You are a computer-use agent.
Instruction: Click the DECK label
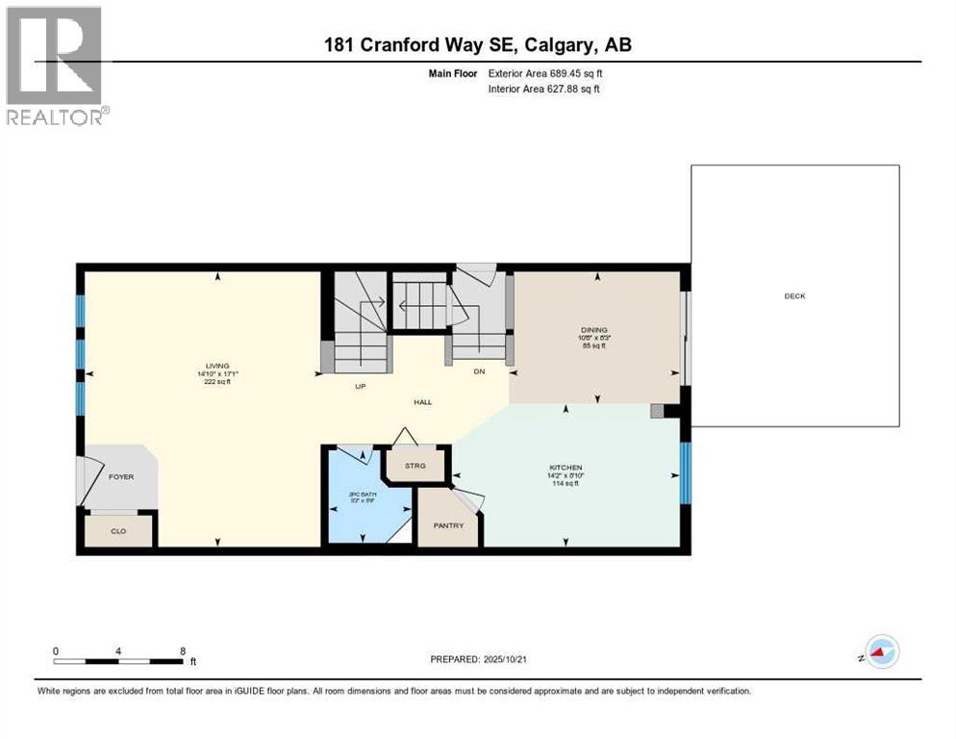pos(794,296)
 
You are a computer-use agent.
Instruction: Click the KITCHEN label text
pos(566,468)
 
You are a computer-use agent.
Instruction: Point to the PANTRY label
pos(448,525)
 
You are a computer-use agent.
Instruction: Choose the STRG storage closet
pos(415,466)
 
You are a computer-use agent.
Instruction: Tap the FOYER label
pos(120,476)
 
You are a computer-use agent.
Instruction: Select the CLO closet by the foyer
pos(118,530)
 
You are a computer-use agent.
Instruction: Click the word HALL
pos(422,402)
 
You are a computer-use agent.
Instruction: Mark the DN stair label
pos(478,371)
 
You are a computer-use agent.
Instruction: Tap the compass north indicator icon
pos(881,651)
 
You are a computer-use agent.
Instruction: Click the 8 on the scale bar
pos(183,650)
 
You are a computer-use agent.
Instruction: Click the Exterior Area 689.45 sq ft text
pos(545,73)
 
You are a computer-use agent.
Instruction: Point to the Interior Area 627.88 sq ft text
pos(544,89)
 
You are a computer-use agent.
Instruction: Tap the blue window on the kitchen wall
pos(685,472)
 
